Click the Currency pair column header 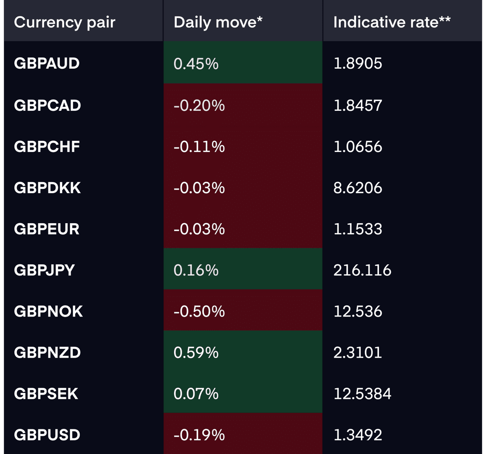click(x=65, y=22)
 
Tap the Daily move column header click(x=218, y=22)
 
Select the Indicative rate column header click(x=392, y=22)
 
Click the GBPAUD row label click(x=47, y=63)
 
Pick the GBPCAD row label click(x=48, y=105)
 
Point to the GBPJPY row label click(x=44, y=270)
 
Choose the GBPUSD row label click(x=47, y=435)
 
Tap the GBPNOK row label click(x=48, y=311)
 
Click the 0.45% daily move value click(x=196, y=64)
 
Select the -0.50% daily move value click(x=199, y=311)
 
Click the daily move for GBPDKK click(x=199, y=188)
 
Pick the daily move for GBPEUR click(x=199, y=229)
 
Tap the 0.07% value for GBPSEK click(x=196, y=394)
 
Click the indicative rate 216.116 click(x=362, y=270)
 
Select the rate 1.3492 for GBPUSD click(x=358, y=435)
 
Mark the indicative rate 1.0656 click(x=358, y=146)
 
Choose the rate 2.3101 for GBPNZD click(x=358, y=353)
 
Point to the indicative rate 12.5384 click(x=362, y=394)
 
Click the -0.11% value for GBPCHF click(x=199, y=146)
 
